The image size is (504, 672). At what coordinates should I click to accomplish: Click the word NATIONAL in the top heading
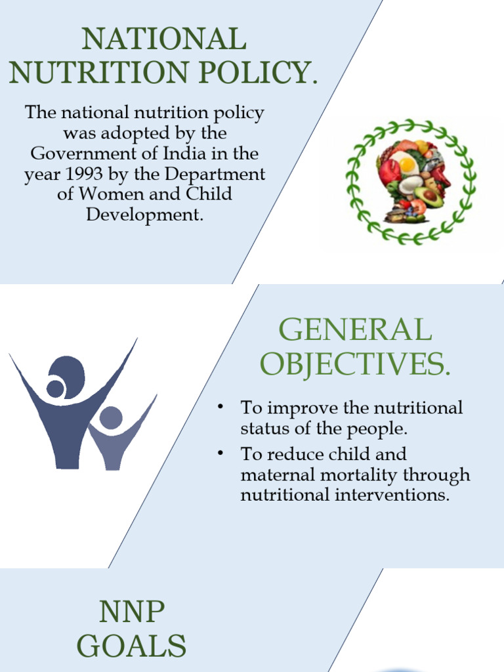(163, 39)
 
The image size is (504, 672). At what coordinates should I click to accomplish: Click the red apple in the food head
(390, 173)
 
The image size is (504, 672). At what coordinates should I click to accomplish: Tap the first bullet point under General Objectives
(222, 408)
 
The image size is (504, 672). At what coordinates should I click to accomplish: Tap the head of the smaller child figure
(111, 418)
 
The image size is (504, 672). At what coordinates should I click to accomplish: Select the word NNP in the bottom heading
(131, 612)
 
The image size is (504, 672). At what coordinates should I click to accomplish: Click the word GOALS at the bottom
(131, 646)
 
